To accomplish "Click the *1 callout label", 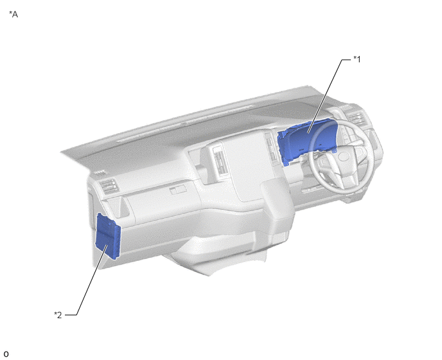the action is (x=357, y=59).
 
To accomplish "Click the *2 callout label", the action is (x=58, y=315).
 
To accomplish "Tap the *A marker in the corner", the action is (x=13, y=14).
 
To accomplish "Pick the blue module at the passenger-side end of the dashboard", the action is (x=108, y=237).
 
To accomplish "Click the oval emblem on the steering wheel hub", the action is (x=344, y=157).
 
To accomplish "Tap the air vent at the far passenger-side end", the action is (x=109, y=186).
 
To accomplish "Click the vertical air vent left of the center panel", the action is (x=219, y=161).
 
